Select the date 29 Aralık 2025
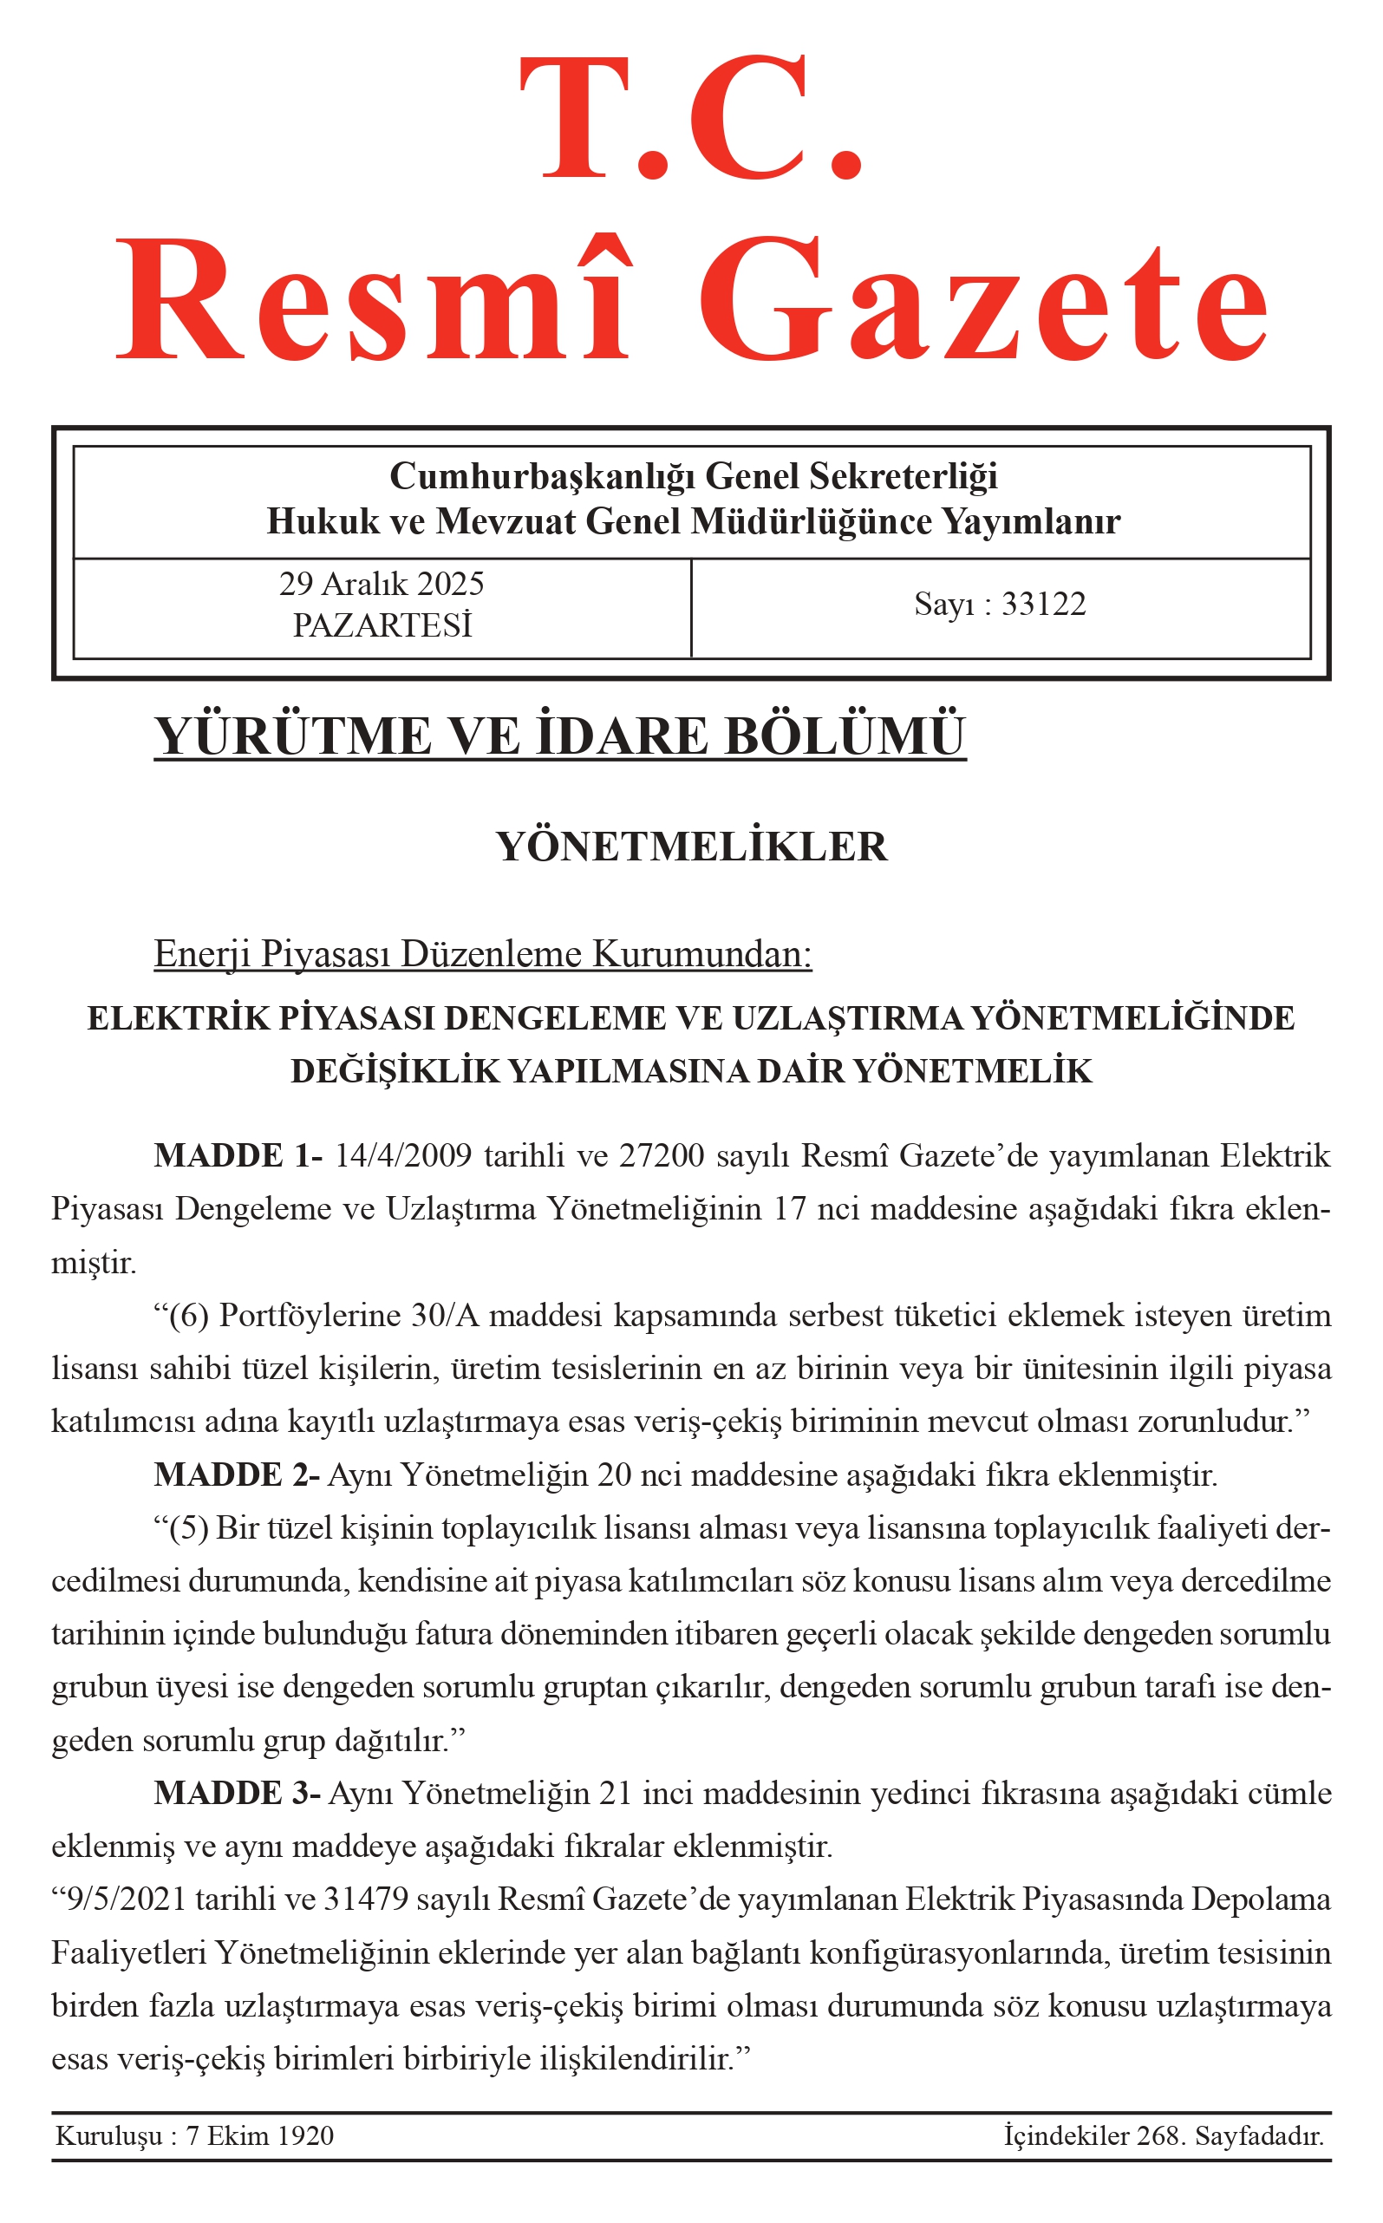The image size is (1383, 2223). point(382,584)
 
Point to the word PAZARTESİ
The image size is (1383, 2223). point(382,625)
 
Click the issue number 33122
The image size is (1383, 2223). point(1044,605)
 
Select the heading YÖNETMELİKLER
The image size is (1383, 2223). point(692,847)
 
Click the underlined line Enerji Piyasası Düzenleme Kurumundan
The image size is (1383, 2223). point(483,954)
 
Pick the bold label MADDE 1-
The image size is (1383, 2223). point(238,1156)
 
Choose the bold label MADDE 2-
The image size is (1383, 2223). point(236,1475)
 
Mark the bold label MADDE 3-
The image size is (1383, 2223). point(237,1793)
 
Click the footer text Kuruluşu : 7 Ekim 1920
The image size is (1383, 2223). point(194,2136)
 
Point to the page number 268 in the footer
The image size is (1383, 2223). point(1156,2136)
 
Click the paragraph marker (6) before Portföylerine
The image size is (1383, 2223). point(189,1317)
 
